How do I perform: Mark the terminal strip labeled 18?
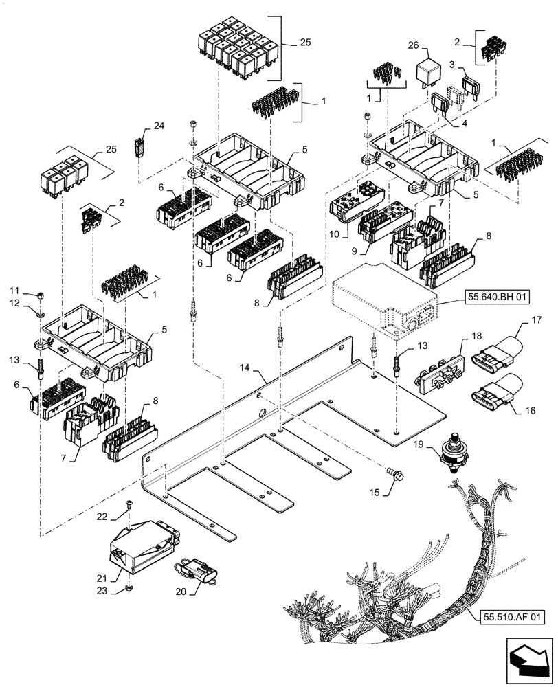[438, 370]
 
